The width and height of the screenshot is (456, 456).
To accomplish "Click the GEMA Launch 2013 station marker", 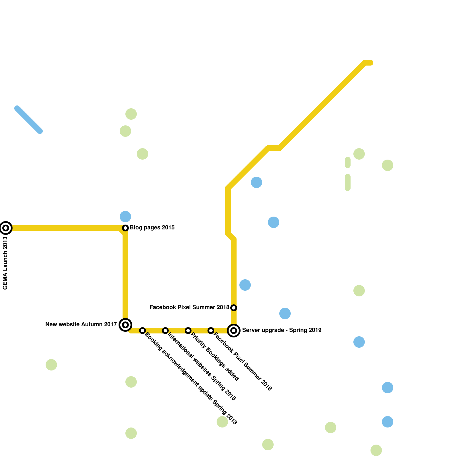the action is pyautogui.click(x=6, y=228).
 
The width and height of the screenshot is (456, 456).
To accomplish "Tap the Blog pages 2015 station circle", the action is pyautogui.click(x=125, y=228).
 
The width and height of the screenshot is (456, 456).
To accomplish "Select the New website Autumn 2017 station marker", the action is pyautogui.click(x=125, y=325).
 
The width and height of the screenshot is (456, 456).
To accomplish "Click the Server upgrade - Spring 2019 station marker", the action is pyautogui.click(x=234, y=331).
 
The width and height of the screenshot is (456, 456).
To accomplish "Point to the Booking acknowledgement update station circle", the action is pyautogui.click(x=142, y=331).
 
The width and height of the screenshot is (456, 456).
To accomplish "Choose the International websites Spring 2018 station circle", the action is pyautogui.click(x=165, y=331).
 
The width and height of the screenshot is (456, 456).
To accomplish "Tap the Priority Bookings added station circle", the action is pyautogui.click(x=188, y=331).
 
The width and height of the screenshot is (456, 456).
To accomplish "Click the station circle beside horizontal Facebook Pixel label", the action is pyautogui.click(x=234, y=308).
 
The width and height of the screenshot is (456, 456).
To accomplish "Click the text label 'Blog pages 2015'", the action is pyautogui.click(x=152, y=228).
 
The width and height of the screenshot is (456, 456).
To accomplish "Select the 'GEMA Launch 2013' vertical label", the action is pyautogui.click(x=5, y=263).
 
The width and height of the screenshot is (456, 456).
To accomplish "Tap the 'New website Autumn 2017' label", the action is pyautogui.click(x=81, y=325).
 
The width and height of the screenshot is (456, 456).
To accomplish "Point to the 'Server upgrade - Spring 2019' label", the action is pyautogui.click(x=282, y=330).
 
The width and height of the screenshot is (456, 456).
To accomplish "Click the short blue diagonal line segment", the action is pyautogui.click(x=28, y=120).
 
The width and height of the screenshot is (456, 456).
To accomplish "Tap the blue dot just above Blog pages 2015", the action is pyautogui.click(x=125, y=217).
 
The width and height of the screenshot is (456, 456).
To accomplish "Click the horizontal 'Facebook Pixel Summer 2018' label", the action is pyautogui.click(x=189, y=308).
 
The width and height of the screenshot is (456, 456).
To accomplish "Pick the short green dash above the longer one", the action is pyautogui.click(x=348, y=162).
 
